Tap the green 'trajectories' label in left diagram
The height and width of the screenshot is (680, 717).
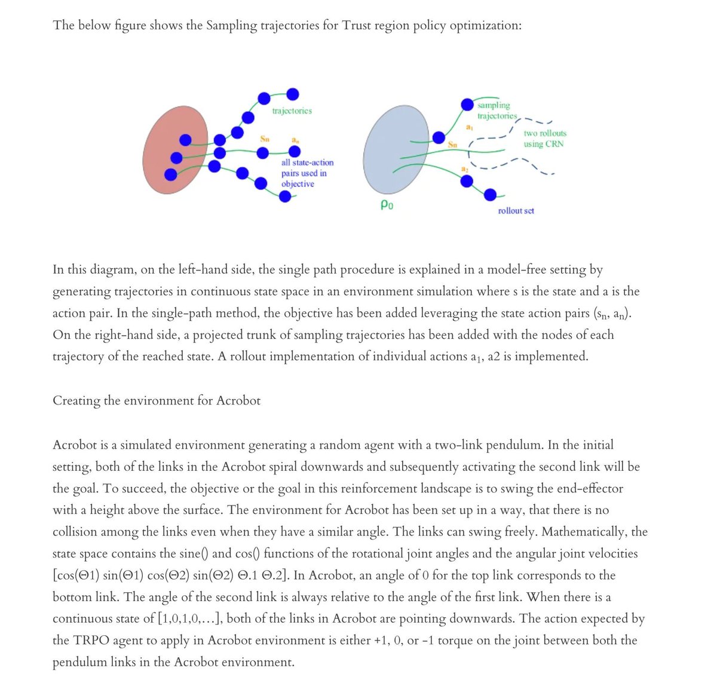[x=292, y=111]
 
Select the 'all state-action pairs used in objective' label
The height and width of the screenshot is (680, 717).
[x=307, y=173]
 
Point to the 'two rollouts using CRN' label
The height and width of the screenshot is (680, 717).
[x=544, y=139]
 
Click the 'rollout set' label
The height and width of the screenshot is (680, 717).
[x=516, y=211]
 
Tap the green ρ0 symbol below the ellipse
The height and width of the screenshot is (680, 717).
[x=387, y=206]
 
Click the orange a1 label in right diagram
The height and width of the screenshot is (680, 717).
[x=470, y=127]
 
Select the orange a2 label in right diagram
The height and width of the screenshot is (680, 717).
[x=465, y=170]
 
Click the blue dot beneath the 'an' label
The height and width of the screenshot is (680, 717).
[x=295, y=152]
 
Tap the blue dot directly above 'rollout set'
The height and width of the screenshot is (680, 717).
[x=490, y=194]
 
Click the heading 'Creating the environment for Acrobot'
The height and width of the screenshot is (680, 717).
[x=157, y=400]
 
